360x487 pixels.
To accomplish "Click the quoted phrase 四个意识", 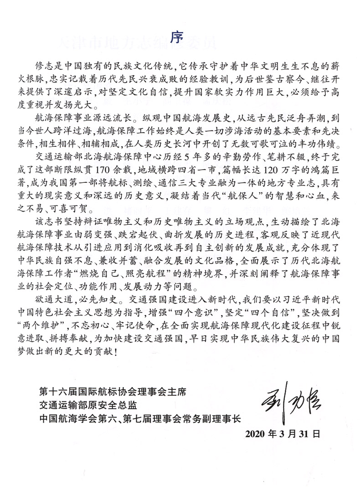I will point(185,314).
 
